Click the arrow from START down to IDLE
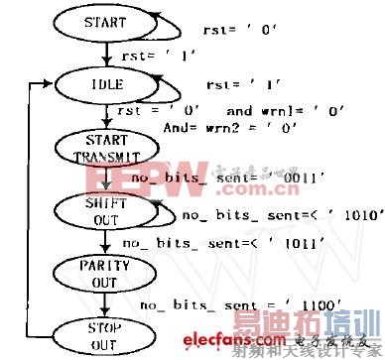click(x=103, y=55)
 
